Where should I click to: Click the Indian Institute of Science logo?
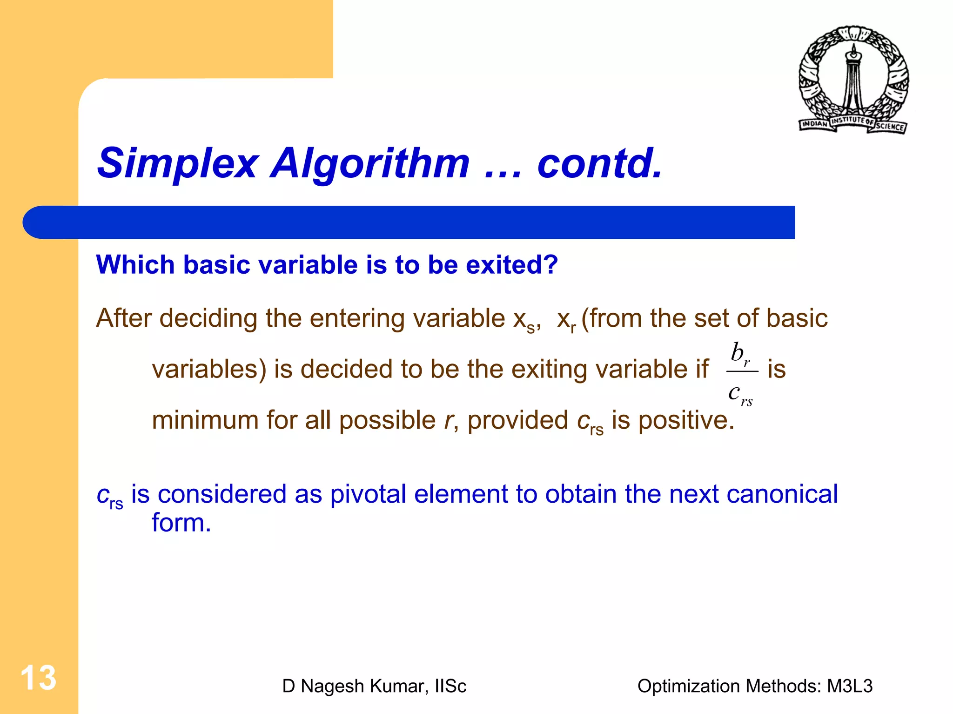[x=853, y=80]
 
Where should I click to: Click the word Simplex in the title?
[x=177, y=163]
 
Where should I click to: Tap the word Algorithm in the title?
[x=370, y=163]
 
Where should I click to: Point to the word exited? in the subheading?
[x=511, y=265]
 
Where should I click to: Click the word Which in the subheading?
[x=135, y=265]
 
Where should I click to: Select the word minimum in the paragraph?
[x=205, y=420]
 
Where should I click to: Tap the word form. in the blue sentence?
[x=181, y=523]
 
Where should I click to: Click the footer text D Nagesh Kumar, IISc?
[x=374, y=686]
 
